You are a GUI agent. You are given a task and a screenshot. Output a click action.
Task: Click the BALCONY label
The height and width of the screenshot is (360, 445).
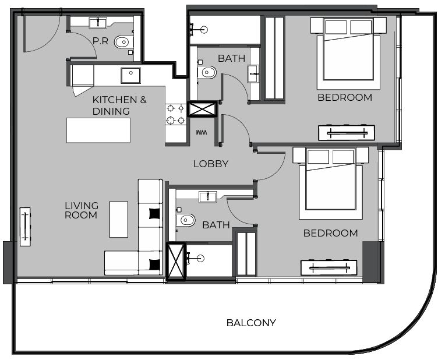click(x=251, y=323)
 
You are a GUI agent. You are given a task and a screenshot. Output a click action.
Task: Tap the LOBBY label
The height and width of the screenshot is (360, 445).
click(x=211, y=164)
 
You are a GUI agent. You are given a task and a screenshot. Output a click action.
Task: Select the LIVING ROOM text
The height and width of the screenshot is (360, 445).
click(x=82, y=210)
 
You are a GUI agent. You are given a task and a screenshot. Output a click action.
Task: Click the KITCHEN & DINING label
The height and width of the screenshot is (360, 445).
click(x=119, y=105)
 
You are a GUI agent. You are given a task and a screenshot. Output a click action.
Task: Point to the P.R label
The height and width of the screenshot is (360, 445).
click(x=100, y=41)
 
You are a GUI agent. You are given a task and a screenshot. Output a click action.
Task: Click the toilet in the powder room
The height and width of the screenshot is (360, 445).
click(x=123, y=42)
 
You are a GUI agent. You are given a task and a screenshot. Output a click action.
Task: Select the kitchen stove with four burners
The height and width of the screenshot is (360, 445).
click(x=176, y=114)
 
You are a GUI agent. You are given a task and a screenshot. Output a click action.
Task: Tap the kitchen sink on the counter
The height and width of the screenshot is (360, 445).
click(x=130, y=76)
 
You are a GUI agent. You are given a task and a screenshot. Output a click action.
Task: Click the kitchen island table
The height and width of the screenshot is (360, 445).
click(x=98, y=130)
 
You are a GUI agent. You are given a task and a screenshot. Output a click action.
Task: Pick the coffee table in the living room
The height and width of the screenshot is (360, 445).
click(x=119, y=219)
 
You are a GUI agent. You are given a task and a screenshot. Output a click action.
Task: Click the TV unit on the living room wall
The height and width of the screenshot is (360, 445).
click(x=26, y=226)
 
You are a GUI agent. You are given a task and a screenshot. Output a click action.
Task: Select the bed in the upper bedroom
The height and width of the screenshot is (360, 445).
click(x=348, y=55)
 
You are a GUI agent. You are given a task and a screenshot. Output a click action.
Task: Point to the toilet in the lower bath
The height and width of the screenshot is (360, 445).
click(x=186, y=220)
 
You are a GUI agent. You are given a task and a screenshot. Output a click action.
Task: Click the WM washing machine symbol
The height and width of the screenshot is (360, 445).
click(x=202, y=133)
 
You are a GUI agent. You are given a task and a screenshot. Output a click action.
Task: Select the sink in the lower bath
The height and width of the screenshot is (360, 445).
click(x=208, y=196)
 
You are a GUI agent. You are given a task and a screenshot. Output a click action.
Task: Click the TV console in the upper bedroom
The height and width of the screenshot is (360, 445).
click(x=347, y=133)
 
